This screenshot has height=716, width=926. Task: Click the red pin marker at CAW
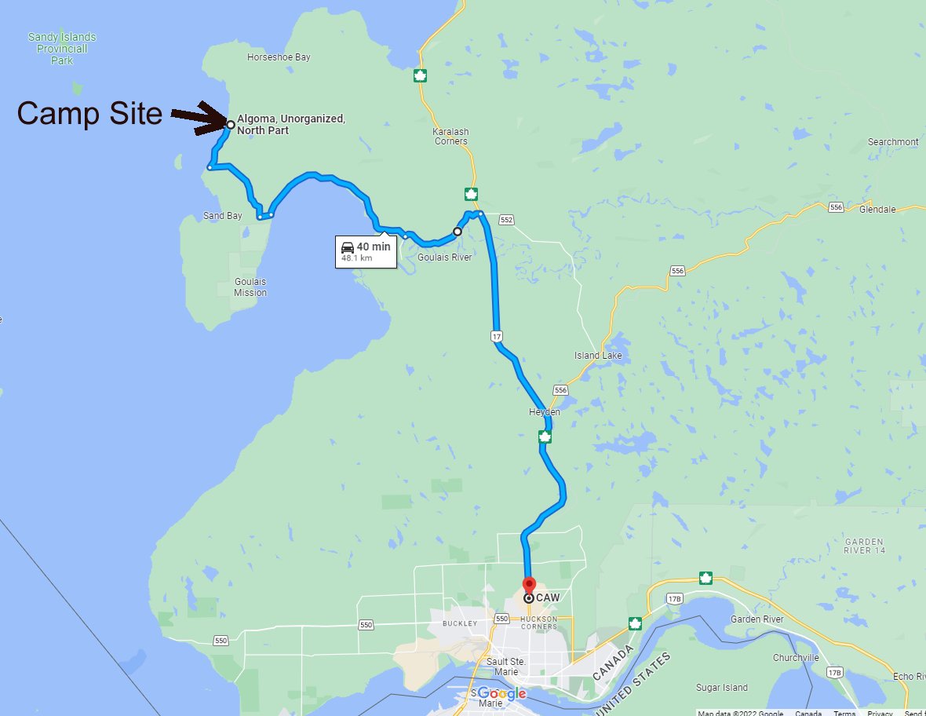click(529, 586)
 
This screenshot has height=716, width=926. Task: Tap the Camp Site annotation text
click(89, 114)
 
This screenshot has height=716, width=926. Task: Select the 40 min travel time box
click(365, 251)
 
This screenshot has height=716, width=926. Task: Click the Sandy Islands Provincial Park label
click(62, 48)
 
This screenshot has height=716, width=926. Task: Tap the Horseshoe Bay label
click(279, 57)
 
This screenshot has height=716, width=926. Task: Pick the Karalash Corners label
click(450, 136)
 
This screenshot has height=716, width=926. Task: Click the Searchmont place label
click(893, 142)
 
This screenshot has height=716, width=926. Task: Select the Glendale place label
click(877, 210)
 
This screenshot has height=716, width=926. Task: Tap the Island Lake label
click(598, 356)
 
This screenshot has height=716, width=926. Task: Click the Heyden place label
click(545, 412)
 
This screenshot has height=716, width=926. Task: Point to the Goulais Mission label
click(250, 287)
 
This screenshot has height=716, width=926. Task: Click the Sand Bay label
click(223, 216)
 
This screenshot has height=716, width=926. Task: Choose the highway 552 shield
click(506, 220)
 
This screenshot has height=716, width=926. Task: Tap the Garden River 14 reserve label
click(864, 546)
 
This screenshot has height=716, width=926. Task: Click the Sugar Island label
click(722, 688)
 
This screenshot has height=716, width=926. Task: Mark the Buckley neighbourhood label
click(459, 623)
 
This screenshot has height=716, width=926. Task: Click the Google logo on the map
click(500, 694)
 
